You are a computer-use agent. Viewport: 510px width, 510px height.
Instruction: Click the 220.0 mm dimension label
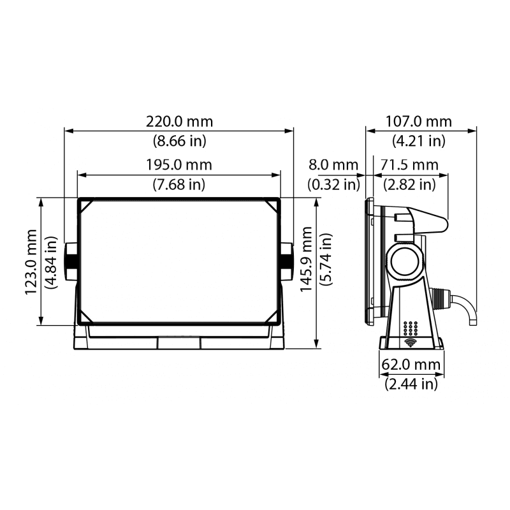pyautogui.click(x=179, y=122)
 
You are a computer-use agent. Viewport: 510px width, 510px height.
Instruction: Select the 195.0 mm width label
pyautogui.click(x=179, y=165)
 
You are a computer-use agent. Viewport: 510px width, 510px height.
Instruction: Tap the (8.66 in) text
pyautogui.click(x=180, y=141)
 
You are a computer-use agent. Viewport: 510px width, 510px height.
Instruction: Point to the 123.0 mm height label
pyautogui.click(x=31, y=262)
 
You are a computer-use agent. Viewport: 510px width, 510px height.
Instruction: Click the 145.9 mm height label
pyautogui.click(x=306, y=259)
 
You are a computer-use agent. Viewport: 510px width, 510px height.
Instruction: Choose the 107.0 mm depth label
pyautogui.click(x=419, y=122)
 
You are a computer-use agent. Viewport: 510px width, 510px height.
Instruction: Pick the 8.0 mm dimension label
pyautogui.click(x=333, y=165)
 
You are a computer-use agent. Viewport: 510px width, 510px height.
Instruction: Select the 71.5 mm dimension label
pyautogui.click(x=409, y=165)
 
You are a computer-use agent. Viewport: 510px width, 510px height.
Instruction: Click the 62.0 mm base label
pyautogui.click(x=411, y=364)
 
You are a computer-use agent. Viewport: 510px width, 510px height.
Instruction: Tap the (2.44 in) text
pyautogui.click(x=411, y=384)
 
